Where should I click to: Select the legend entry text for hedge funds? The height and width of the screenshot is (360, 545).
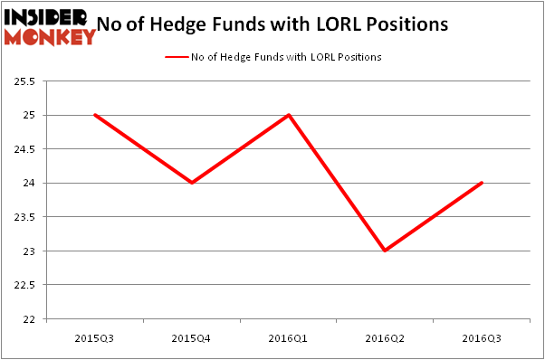[286, 57]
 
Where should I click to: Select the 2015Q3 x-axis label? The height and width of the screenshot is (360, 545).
[95, 337]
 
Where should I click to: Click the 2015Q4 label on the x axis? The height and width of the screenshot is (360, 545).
[192, 337]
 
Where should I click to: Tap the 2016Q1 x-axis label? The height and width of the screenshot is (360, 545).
[289, 337]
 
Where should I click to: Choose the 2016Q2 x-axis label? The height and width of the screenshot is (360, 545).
[386, 337]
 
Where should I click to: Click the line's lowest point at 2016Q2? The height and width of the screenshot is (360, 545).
[386, 251]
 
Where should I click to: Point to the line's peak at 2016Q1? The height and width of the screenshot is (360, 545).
[289, 115]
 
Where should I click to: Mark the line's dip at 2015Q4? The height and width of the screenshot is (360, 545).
[192, 183]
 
